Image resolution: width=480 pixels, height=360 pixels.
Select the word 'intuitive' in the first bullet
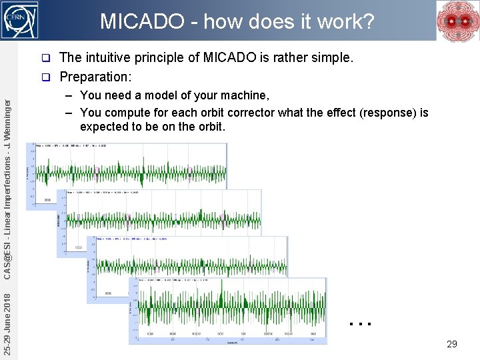111,58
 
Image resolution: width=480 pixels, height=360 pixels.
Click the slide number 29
451,344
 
